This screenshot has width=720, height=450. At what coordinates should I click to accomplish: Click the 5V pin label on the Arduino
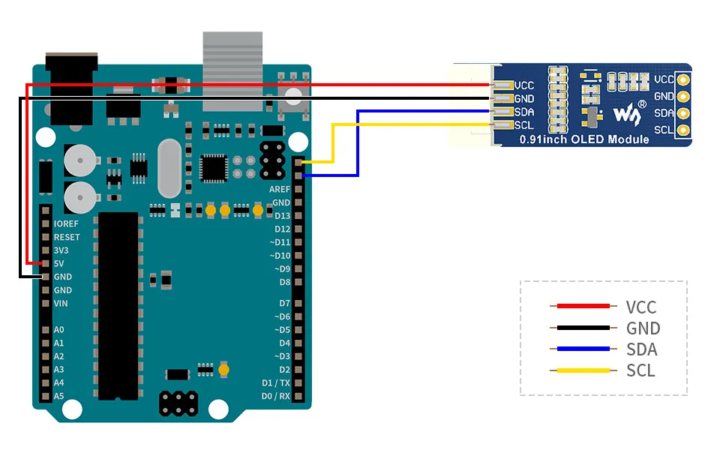click(x=58, y=263)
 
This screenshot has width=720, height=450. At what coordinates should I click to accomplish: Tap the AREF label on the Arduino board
click(x=280, y=189)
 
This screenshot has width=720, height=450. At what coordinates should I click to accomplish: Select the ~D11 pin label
click(x=280, y=242)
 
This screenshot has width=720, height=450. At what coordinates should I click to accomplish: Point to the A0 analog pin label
click(x=58, y=330)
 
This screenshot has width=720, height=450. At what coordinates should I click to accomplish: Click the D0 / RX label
click(x=275, y=396)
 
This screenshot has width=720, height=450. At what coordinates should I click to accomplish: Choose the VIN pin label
click(x=61, y=304)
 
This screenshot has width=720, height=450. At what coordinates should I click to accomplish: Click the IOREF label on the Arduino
click(x=66, y=223)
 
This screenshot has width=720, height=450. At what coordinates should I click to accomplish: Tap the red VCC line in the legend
click(x=583, y=306)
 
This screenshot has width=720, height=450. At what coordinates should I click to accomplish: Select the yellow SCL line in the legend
click(x=583, y=370)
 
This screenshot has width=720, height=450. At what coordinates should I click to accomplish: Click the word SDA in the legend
click(x=642, y=349)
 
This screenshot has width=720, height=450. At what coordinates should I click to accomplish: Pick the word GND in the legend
click(x=643, y=328)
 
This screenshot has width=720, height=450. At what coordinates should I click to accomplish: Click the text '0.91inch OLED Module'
click(x=584, y=139)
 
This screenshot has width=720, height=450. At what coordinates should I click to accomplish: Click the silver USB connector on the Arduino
click(x=232, y=71)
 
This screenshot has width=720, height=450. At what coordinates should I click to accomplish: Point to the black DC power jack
click(x=72, y=88)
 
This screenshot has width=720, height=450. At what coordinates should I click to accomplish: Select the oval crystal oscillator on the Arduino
click(x=169, y=169)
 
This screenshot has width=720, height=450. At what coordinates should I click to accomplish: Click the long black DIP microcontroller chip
click(x=118, y=306)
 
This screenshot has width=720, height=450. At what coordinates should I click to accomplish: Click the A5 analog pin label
click(x=58, y=396)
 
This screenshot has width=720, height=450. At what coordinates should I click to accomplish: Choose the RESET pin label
click(x=67, y=237)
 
